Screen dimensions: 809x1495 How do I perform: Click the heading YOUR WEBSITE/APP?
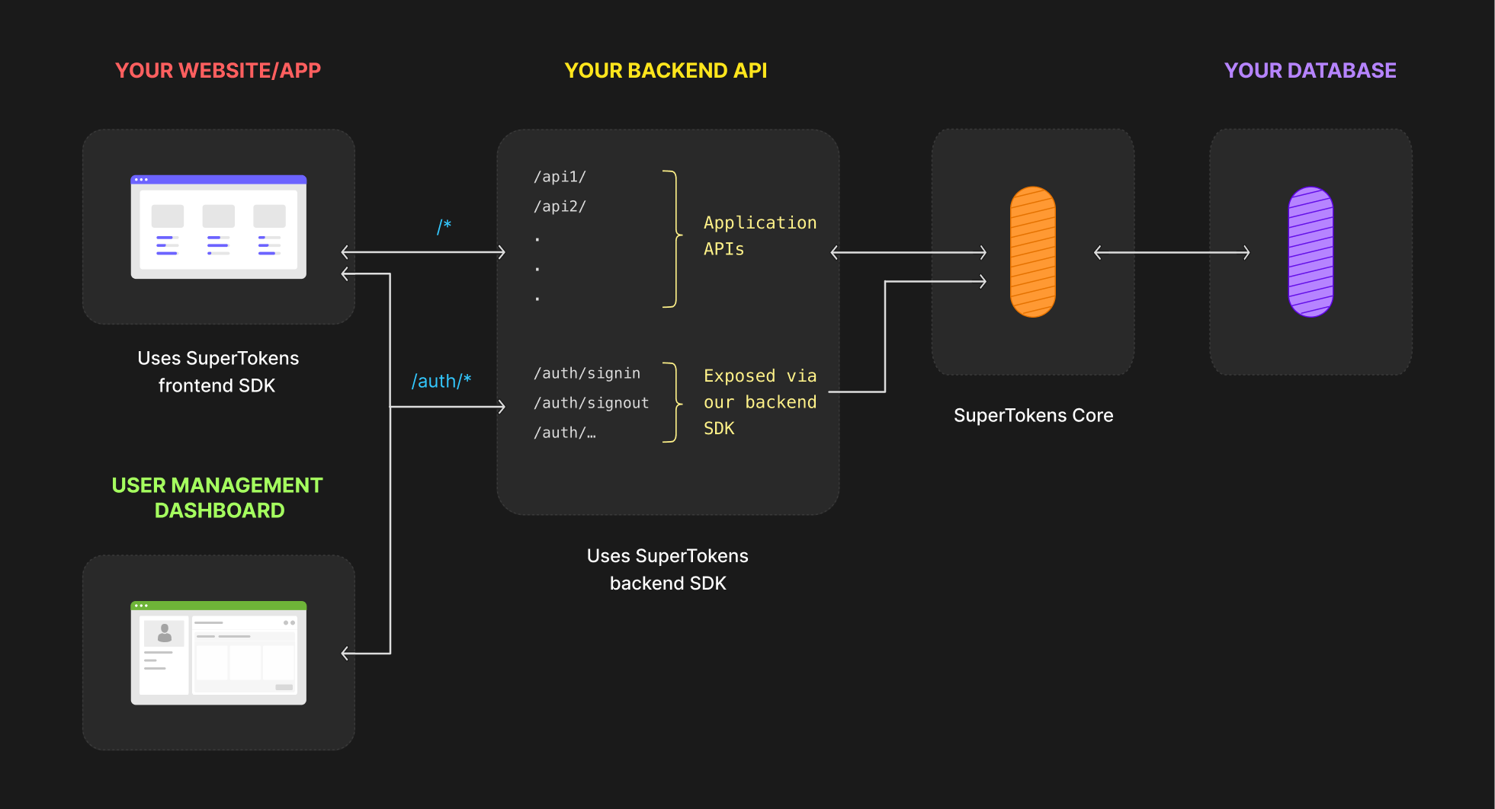[218, 71]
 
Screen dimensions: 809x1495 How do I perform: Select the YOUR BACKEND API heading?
[666, 71]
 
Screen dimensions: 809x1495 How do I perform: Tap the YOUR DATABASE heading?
[1310, 71]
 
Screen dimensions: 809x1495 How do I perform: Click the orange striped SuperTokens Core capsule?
[1032, 252]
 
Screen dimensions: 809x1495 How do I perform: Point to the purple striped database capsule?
[1310, 252]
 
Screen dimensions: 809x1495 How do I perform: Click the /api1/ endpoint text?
[560, 177]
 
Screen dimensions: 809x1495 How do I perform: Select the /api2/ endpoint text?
[560, 206]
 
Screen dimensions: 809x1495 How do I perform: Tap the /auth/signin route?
[586, 373]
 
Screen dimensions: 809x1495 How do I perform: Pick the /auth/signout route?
[591, 403]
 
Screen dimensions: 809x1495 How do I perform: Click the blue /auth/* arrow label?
[441, 381]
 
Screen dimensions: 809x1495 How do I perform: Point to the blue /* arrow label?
[444, 226]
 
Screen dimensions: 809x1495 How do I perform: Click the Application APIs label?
[759, 235]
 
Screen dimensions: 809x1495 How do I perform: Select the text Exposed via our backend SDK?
[759, 401]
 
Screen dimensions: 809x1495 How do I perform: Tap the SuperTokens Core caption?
[1033, 415]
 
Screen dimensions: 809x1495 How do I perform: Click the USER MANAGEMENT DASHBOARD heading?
[218, 497]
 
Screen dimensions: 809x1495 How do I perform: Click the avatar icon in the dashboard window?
[164, 633]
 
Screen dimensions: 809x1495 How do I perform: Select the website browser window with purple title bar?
[218, 227]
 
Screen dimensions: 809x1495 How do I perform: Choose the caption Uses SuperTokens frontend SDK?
[218, 372]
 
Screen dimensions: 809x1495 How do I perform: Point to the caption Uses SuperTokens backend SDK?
[667, 569]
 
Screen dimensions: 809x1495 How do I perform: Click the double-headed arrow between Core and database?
[1171, 252]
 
